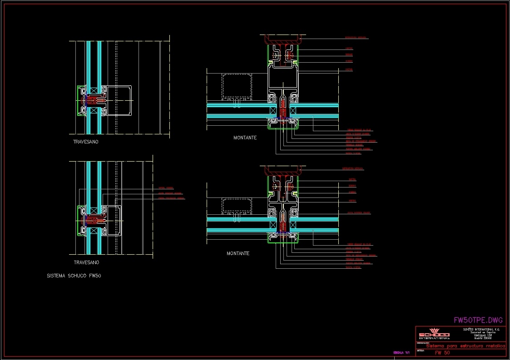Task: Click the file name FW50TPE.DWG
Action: [478, 320]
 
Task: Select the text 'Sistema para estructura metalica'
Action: [465, 346]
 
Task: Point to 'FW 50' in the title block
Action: [442, 353]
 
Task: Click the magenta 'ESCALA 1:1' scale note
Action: [401, 352]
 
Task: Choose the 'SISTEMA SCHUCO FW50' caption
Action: [74, 276]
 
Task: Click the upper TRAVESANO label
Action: [85, 142]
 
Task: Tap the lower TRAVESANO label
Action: [86, 262]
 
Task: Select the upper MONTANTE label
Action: [245, 138]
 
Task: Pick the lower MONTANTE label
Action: [238, 253]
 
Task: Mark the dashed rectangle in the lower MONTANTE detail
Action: [236, 205]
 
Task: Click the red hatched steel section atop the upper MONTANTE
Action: [282, 39]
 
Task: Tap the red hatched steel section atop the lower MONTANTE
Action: [282, 171]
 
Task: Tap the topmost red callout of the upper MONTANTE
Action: [356, 38]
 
